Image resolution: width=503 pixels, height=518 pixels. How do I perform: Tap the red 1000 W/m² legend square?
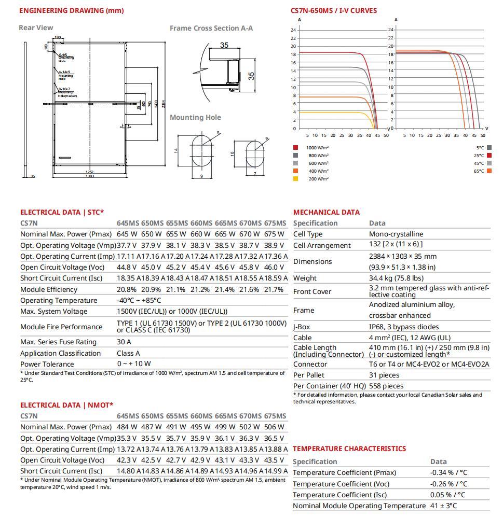[x=296, y=148]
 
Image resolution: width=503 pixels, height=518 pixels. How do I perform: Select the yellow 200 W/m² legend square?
[x=296, y=179]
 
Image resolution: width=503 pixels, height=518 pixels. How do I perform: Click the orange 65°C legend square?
[x=490, y=171]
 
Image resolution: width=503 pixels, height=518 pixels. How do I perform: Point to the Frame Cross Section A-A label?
[x=211, y=28]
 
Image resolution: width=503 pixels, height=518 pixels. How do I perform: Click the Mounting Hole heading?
[x=195, y=117]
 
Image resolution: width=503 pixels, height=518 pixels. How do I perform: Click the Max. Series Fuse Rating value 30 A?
[x=124, y=342]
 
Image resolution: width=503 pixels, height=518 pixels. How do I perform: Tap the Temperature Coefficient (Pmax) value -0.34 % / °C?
[x=448, y=473]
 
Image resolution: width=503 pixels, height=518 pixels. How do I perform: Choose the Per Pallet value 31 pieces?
[x=384, y=375]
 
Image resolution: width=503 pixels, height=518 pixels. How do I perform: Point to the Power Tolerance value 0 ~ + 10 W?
[x=134, y=364]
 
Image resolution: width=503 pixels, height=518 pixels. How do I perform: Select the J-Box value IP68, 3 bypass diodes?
[x=404, y=327]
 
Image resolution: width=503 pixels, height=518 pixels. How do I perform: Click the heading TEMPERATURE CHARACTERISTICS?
[x=349, y=449]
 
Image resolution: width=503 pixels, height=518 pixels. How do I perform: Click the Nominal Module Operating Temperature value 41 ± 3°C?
[x=444, y=506]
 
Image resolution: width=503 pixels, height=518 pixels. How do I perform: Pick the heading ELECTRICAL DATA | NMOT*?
[x=66, y=405]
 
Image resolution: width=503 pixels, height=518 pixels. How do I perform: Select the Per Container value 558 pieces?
[x=386, y=386]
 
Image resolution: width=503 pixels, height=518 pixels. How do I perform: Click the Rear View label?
[x=36, y=27]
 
